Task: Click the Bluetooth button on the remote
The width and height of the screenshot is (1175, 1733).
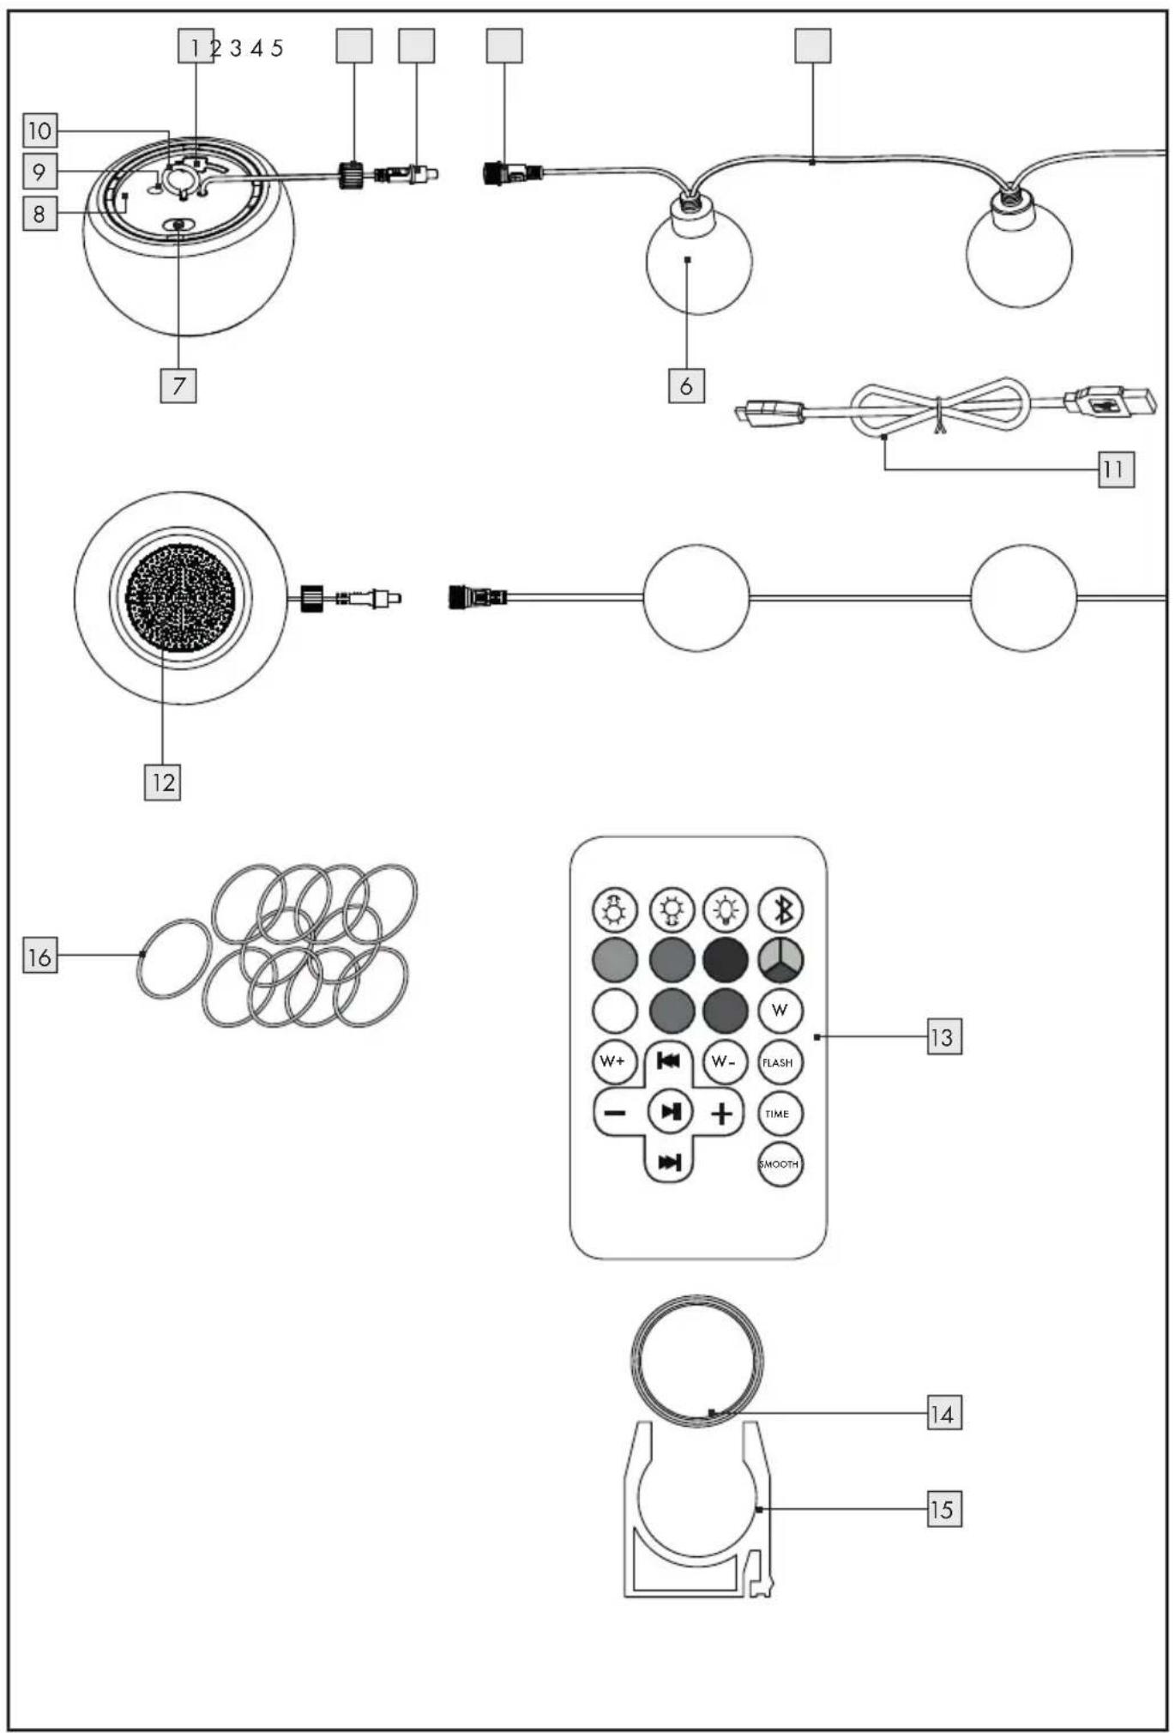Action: [780, 909]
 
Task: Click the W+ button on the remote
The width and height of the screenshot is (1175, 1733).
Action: [614, 1061]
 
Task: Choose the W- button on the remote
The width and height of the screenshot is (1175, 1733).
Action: [725, 1061]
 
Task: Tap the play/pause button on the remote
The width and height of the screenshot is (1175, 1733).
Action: [670, 1112]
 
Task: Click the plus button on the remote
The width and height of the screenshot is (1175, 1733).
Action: [722, 1113]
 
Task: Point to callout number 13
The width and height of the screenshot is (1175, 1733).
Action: [943, 1037]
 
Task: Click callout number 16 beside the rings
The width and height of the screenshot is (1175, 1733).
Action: [39, 957]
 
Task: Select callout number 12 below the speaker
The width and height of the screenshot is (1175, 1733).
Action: [162, 782]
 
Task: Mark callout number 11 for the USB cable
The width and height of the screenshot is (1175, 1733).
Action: [1116, 469]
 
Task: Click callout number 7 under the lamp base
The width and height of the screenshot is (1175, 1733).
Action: [178, 385]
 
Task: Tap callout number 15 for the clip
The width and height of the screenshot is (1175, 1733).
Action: [943, 1509]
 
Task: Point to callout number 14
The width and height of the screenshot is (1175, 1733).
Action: [943, 1413]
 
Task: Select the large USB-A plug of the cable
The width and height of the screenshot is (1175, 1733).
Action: [1110, 402]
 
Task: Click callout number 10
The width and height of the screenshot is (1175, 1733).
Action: [39, 130]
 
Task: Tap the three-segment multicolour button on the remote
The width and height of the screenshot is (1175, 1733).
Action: [780, 960]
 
